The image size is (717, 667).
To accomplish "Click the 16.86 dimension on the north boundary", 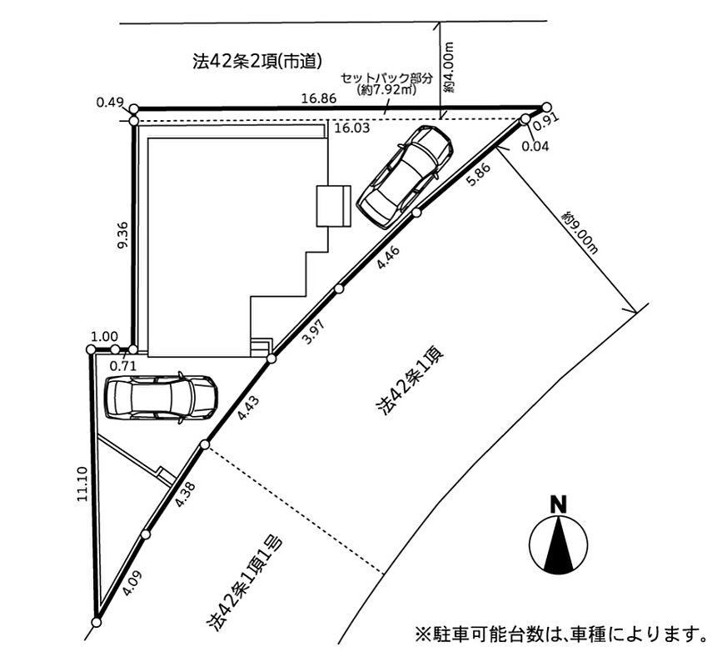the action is point(319,98).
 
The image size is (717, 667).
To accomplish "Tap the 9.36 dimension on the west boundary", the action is point(122,235).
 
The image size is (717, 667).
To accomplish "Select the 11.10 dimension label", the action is point(82,484).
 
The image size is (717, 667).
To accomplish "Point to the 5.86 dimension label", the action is point(478,175).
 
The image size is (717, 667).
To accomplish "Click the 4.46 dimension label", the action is point(388,257).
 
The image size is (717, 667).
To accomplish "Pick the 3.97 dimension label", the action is point(314,332).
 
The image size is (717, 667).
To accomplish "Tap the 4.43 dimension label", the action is point(248,408).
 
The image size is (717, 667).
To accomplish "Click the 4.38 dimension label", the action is point(186,494).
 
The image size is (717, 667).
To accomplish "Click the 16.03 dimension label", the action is point(351,128).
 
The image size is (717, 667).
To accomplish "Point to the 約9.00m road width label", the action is point(580,232).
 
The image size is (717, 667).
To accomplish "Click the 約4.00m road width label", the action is point(449,68).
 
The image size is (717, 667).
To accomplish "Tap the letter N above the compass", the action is point(558,504).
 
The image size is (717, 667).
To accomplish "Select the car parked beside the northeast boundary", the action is point(405,177).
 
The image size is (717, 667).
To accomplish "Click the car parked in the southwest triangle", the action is point(161,398).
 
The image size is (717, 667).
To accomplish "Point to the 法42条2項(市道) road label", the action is point(257,62).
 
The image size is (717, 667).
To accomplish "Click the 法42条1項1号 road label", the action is point(245,584).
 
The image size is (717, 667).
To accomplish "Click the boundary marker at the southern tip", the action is point(96,623).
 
